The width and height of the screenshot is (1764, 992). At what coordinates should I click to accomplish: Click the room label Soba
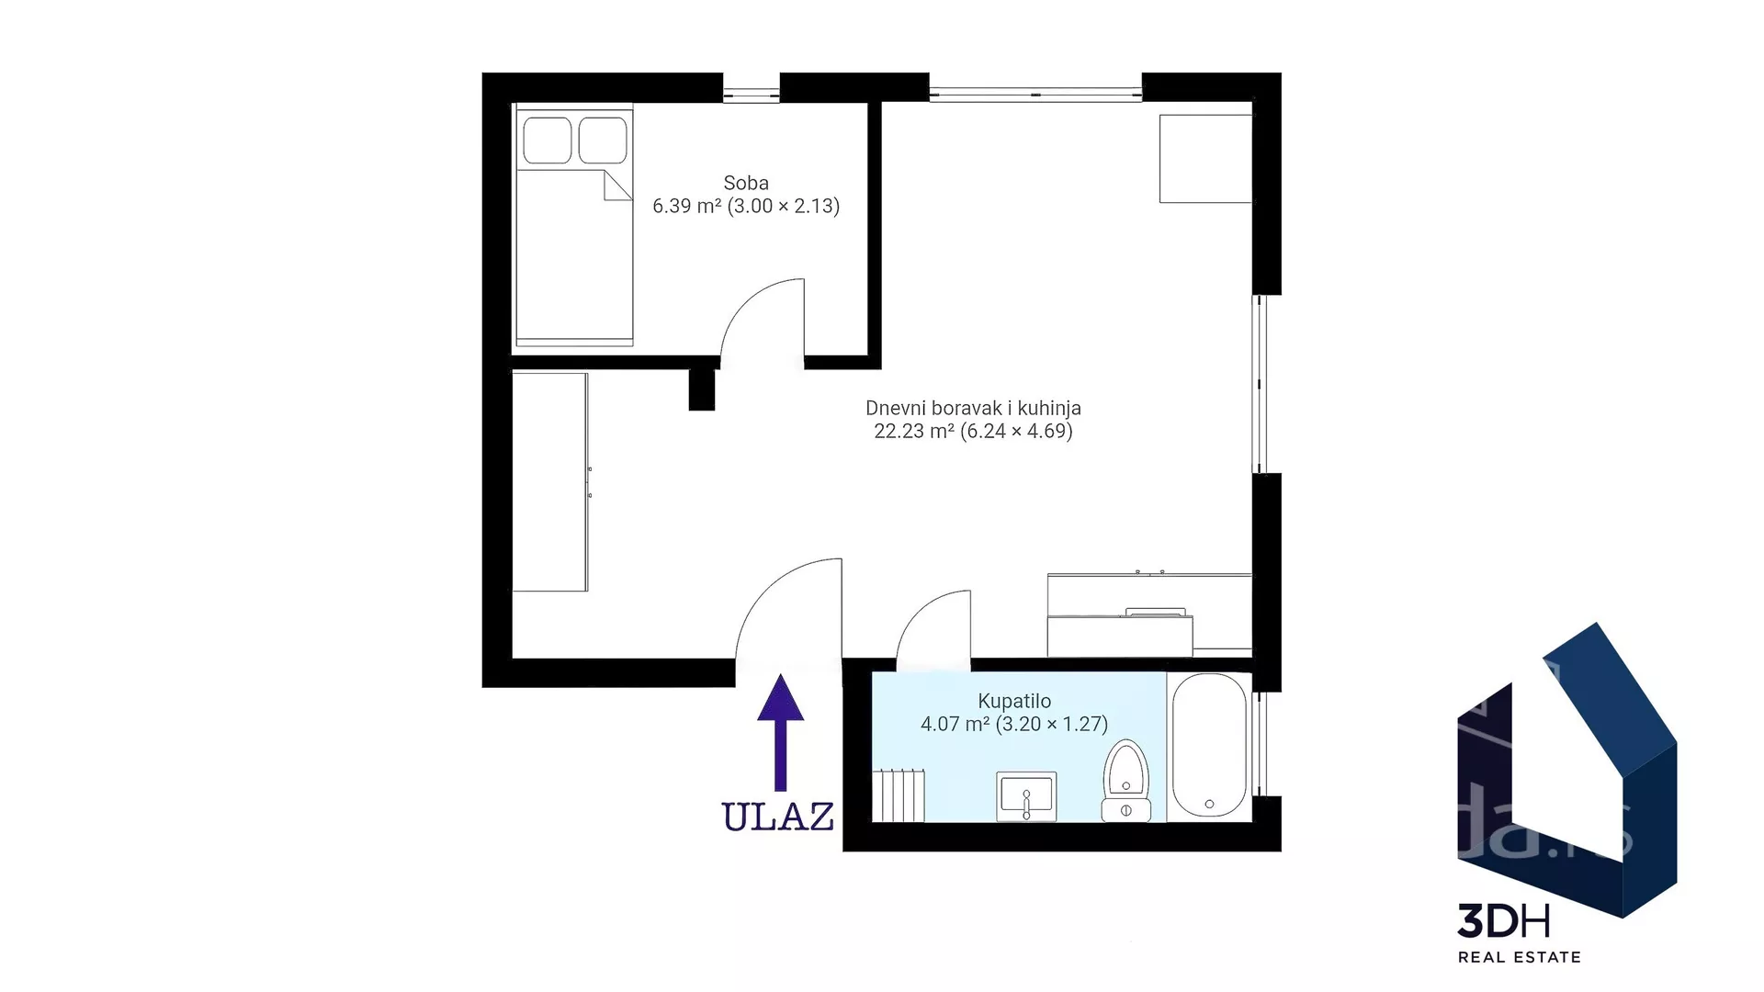pyautogui.click(x=745, y=183)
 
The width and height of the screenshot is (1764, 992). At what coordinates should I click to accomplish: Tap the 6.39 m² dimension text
pyautogui.click(x=746, y=206)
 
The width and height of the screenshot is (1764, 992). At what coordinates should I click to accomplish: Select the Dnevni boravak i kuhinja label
pyautogui.click(x=973, y=408)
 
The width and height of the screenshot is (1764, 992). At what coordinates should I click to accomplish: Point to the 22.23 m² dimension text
pyautogui.click(x=973, y=431)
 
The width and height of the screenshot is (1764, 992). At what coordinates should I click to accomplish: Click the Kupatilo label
pyautogui.click(x=1014, y=701)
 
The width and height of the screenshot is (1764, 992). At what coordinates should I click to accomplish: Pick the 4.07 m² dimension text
pyautogui.click(x=1014, y=724)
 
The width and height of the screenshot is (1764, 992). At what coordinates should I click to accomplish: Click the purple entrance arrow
pyautogui.click(x=780, y=732)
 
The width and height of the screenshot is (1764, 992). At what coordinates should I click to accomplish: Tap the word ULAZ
pyautogui.click(x=778, y=817)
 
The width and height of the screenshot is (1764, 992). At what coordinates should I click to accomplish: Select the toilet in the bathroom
pyautogui.click(x=1125, y=781)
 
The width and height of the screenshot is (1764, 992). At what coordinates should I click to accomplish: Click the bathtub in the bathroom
pyautogui.click(x=1209, y=746)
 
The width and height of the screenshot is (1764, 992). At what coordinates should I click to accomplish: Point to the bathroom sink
pyautogui.click(x=1026, y=796)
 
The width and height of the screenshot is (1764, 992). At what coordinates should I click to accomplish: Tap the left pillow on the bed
pyautogui.click(x=548, y=141)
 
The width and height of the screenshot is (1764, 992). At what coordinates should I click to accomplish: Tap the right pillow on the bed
pyautogui.click(x=603, y=141)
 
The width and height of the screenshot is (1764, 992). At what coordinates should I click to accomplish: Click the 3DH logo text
pyautogui.click(x=1504, y=921)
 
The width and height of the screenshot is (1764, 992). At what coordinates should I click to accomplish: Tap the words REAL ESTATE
pyautogui.click(x=1520, y=957)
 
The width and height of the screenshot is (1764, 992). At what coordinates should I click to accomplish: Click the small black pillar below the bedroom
pyautogui.click(x=702, y=389)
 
